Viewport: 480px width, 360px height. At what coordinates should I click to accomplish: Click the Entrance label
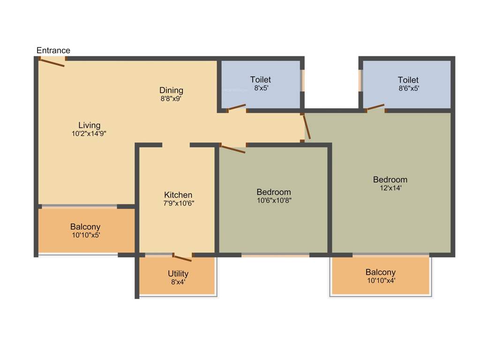tap(53, 51)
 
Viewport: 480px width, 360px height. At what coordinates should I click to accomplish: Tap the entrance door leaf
tap(52, 62)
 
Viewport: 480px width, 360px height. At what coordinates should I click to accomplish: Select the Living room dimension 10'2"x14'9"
tap(89, 133)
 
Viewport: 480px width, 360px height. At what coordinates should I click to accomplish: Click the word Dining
tap(171, 90)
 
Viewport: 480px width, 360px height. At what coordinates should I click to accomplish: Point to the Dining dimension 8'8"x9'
tap(171, 98)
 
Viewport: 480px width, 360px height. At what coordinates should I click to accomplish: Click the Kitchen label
tap(178, 195)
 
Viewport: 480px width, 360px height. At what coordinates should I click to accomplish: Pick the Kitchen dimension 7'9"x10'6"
tap(178, 203)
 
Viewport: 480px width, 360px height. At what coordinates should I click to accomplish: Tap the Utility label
tap(178, 274)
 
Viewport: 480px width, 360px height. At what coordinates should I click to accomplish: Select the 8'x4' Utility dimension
tap(178, 282)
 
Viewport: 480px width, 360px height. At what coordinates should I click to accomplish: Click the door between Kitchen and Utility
tap(182, 257)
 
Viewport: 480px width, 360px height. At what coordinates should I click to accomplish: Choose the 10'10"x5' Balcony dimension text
tap(85, 235)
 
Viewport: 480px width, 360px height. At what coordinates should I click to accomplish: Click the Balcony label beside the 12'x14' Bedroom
tap(381, 272)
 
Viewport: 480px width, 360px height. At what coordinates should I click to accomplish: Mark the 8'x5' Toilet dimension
tap(261, 88)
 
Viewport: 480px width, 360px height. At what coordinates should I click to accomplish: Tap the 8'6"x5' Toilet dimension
tap(408, 88)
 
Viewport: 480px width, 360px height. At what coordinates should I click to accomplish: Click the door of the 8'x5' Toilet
tap(237, 107)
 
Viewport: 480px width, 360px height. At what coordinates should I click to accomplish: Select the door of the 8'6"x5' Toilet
tap(375, 107)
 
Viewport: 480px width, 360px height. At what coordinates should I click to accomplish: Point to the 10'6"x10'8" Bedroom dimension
tap(274, 200)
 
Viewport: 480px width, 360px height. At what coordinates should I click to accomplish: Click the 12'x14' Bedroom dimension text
tap(390, 187)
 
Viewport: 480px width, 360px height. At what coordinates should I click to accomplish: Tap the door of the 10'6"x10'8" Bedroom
tap(233, 150)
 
